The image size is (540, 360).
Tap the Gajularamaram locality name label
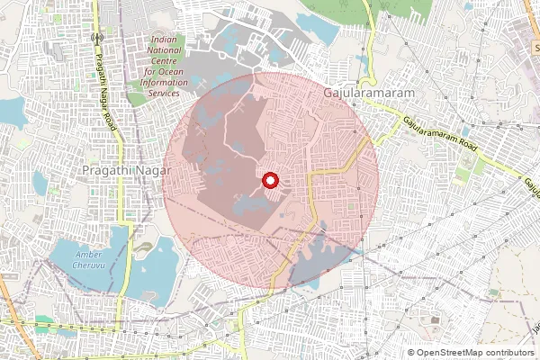coord(360,93)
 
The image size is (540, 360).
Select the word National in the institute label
coord(166,51)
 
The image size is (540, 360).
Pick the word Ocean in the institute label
coord(165,71)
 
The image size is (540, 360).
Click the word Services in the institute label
coord(165,92)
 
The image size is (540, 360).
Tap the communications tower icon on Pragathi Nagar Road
coord(95,39)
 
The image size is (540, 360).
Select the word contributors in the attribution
coord(508,353)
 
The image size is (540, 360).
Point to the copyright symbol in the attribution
coord(411,353)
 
